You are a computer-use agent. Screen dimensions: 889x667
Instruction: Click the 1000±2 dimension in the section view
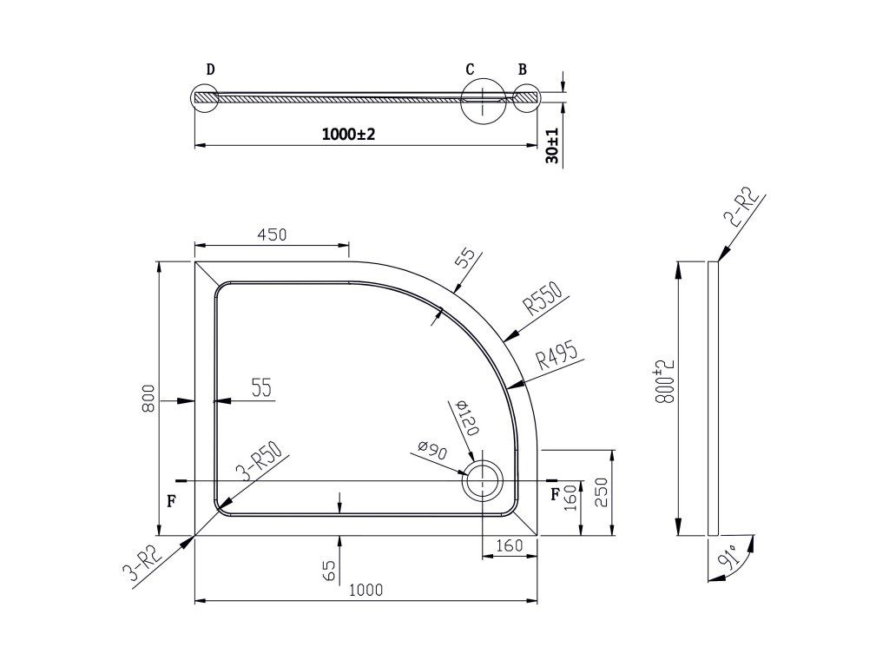(x=349, y=135)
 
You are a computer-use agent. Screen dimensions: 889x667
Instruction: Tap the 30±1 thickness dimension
(x=552, y=146)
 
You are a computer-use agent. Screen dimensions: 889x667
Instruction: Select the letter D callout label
(x=210, y=69)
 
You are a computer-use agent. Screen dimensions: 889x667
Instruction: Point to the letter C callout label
(x=470, y=69)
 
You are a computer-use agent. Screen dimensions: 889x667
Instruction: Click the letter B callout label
(x=522, y=69)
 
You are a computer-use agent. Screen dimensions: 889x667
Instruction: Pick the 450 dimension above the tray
(x=272, y=234)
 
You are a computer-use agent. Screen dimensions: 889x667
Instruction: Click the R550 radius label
(x=543, y=299)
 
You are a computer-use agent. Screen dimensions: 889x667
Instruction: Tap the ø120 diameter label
(x=466, y=418)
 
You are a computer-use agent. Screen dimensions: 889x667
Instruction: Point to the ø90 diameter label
(x=432, y=451)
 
